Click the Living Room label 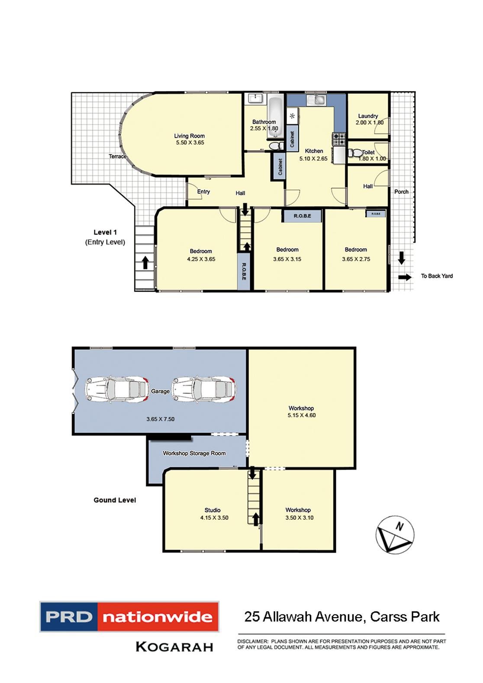point(189,136)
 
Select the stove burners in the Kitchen point(338,139)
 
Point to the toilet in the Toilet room point(355,153)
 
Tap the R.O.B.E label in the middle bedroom point(302,216)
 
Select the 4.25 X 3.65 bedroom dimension point(201,259)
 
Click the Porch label point(401,191)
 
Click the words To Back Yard point(437,276)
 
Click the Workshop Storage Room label point(194,453)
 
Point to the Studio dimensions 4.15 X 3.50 point(214,518)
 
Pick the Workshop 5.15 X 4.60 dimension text point(301,415)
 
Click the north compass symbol point(395,535)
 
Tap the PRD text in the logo point(69,617)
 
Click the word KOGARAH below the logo point(174,647)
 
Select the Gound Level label point(115,500)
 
